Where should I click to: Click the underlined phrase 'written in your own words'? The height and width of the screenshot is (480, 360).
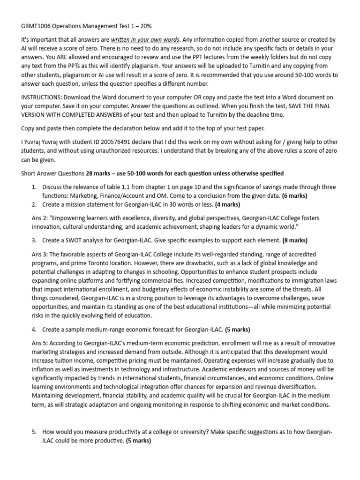[138, 40]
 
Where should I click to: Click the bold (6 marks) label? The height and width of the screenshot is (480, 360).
[295, 196]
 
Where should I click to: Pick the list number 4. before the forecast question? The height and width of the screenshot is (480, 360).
[34, 329]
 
